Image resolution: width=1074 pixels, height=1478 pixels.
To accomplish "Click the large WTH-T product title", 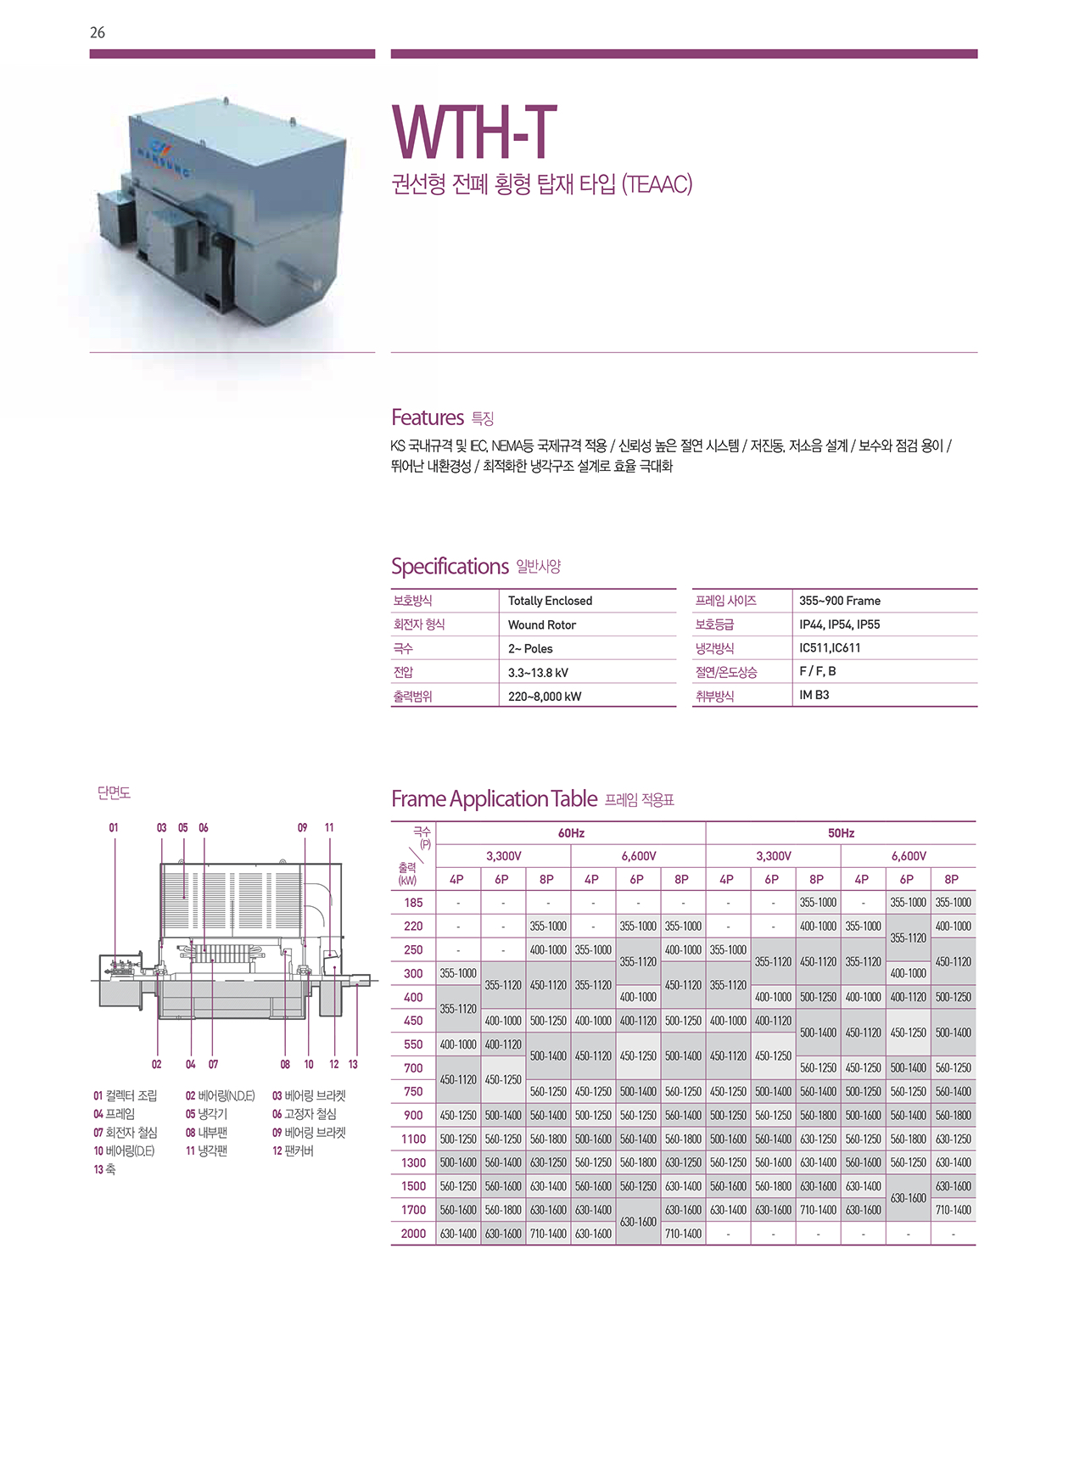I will pos(473,132).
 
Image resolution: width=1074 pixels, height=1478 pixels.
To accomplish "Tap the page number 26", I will pos(98,32).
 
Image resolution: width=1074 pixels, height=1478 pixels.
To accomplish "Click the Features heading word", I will pos(428,417).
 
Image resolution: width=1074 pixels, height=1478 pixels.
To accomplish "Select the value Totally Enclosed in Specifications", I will pos(550,601).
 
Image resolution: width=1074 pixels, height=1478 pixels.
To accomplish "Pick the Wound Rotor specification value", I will pos(541,624).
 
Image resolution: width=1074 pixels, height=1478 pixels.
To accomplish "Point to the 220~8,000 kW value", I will pos(545,697).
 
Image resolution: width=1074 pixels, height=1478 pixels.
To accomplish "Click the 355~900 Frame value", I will pos(839,601).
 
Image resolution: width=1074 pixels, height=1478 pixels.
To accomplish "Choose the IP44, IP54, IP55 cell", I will pos(839,624).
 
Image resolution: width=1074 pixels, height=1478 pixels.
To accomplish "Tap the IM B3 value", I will pos(814,695).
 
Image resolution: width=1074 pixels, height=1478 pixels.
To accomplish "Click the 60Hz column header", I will pos(571,833).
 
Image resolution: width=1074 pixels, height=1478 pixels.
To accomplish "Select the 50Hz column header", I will pos(841,833).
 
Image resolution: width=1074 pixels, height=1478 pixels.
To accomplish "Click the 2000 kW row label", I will pos(413,1234).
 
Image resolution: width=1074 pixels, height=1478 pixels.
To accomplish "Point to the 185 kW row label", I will pos(413,903).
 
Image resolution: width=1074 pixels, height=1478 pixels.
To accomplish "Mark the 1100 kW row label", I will pos(413,1139).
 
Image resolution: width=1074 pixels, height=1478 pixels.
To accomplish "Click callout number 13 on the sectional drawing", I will pos(353,1064).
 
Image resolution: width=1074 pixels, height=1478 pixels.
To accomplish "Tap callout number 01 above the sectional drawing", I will pos(114,827).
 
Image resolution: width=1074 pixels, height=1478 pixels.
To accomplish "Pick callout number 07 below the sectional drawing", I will pos(213,1064).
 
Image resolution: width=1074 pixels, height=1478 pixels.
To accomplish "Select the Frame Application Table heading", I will pos(494,799).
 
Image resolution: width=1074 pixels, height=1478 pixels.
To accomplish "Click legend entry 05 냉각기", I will pos(206,1114).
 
